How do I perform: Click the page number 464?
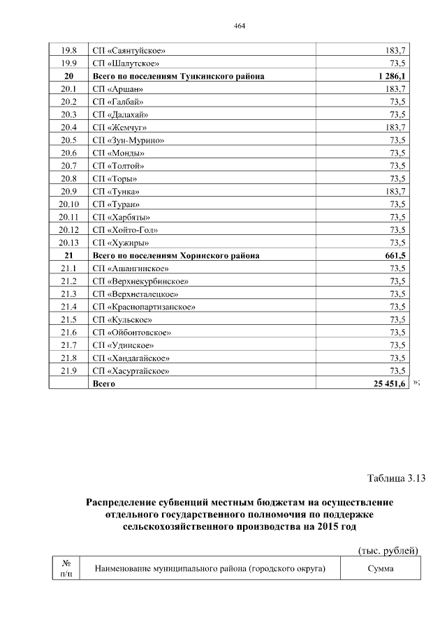[x=240, y=26]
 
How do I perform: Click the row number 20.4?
[x=68, y=128]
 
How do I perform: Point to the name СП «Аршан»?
[x=118, y=89]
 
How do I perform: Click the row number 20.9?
[x=68, y=191]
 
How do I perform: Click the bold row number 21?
[x=68, y=255]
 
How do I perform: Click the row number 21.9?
[x=68, y=370]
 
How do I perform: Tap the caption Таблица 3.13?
[x=396, y=478]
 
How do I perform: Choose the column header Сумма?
[x=381, y=569]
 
